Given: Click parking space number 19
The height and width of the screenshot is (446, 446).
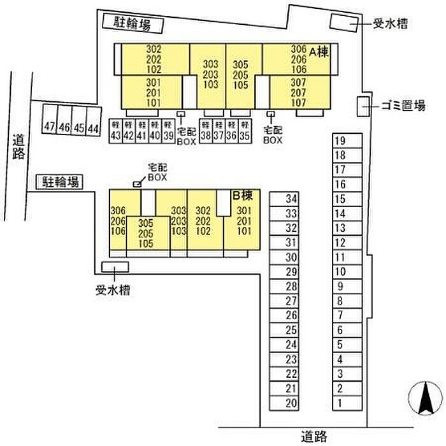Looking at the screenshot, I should click(340, 141).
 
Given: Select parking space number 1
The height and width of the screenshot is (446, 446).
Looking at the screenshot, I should click(340, 403).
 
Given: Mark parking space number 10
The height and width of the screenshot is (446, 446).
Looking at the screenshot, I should click(340, 272).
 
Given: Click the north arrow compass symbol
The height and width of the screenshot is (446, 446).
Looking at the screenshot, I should click(421, 398).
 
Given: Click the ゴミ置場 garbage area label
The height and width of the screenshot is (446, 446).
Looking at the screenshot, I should click(403, 106).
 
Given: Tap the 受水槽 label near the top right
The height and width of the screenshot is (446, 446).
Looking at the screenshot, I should click(390, 24).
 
